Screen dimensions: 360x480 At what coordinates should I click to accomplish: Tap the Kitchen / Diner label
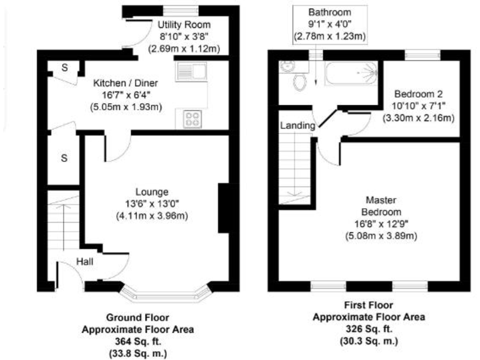[x=126, y=82]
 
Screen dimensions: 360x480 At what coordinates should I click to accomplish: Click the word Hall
[x=85, y=262]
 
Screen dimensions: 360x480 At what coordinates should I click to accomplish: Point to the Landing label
[x=297, y=126]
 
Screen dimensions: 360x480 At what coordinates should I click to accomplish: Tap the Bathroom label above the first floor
[x=329, y=12]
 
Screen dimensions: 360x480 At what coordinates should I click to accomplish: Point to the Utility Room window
[x=181, y=9]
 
